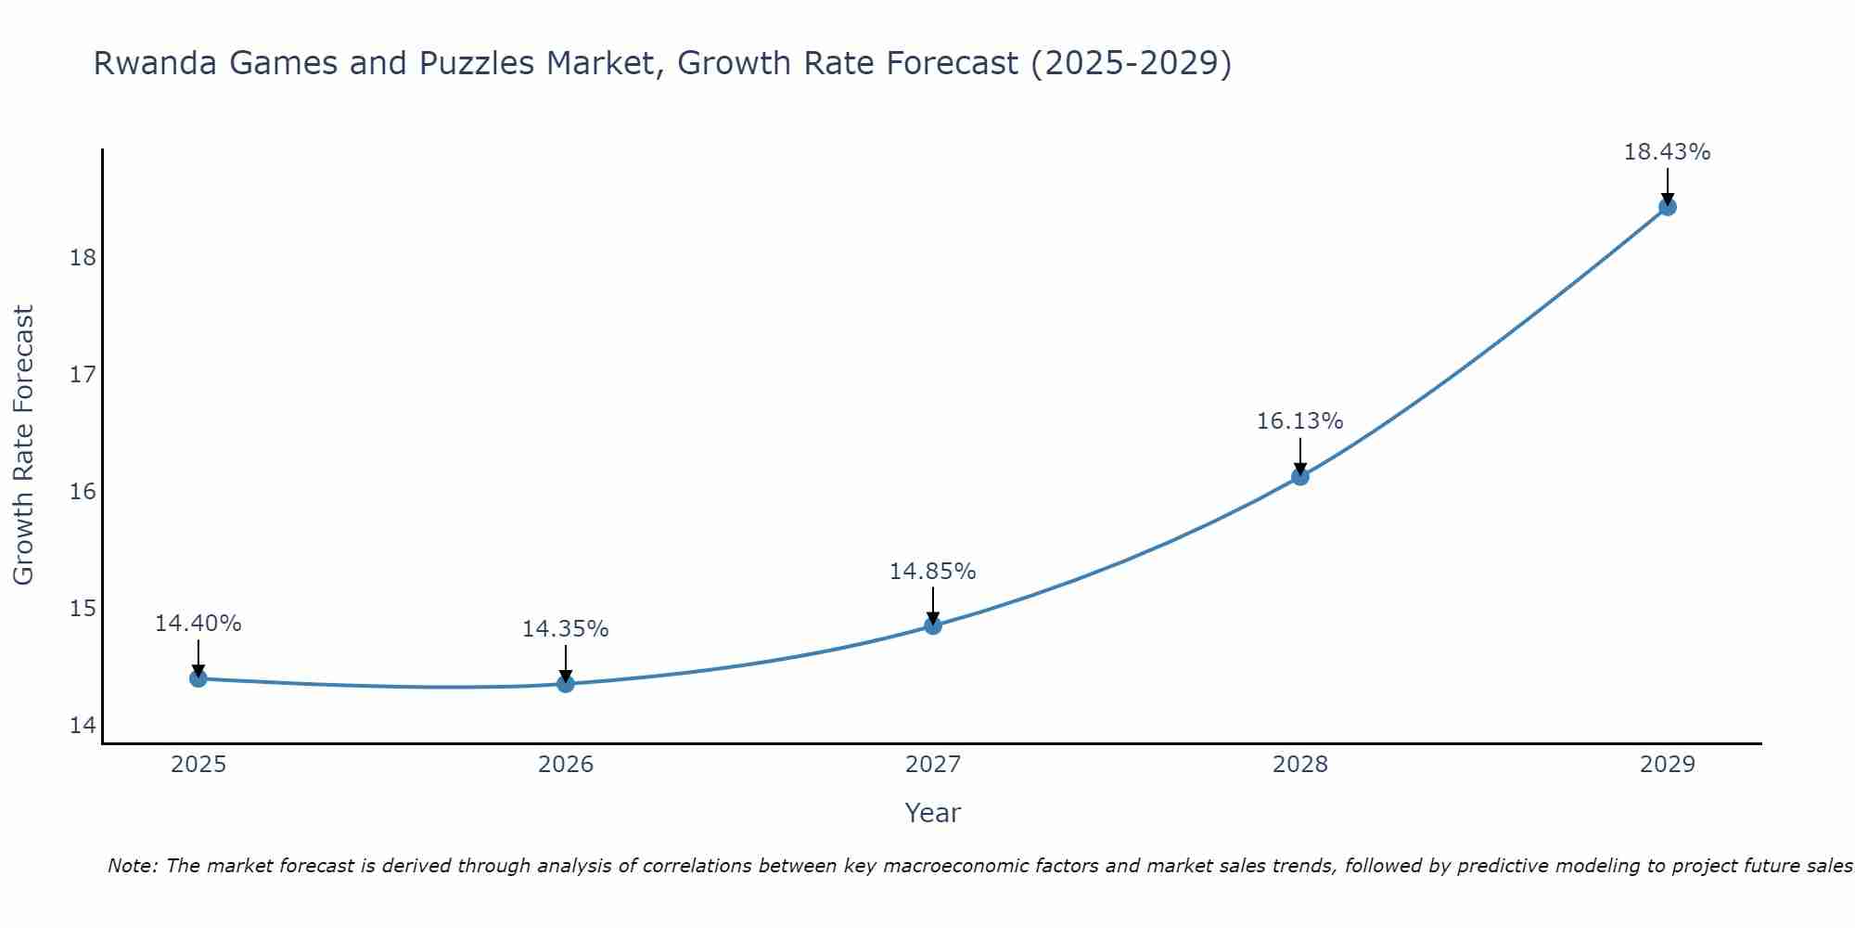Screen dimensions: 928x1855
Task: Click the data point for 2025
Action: [198, 678]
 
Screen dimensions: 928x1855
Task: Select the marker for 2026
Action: [566, 684]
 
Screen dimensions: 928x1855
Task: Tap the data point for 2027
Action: [933, 625]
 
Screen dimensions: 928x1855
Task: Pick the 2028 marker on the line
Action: [1300, 476]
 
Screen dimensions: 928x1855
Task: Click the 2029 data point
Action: [1668, 207]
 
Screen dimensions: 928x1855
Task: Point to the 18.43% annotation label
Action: [1667, 152]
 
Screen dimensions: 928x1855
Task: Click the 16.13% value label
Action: [1299, 421]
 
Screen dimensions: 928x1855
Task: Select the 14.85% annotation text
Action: [932, 572]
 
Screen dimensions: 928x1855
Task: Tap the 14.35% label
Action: [565, 629]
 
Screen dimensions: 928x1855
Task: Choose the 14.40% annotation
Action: [198, 624]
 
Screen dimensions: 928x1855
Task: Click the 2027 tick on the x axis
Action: [933, 765]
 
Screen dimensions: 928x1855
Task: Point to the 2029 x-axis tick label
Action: [1668, 765]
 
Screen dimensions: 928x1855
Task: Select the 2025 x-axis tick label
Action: [198, 765]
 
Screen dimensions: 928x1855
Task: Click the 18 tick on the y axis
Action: [83, 257]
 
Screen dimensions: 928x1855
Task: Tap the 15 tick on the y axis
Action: [83, 608]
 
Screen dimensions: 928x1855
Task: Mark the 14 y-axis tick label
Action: [83, 725]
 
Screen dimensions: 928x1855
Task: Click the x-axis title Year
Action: [932, 813]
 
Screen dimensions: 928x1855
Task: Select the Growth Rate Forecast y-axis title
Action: [23, 445]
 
